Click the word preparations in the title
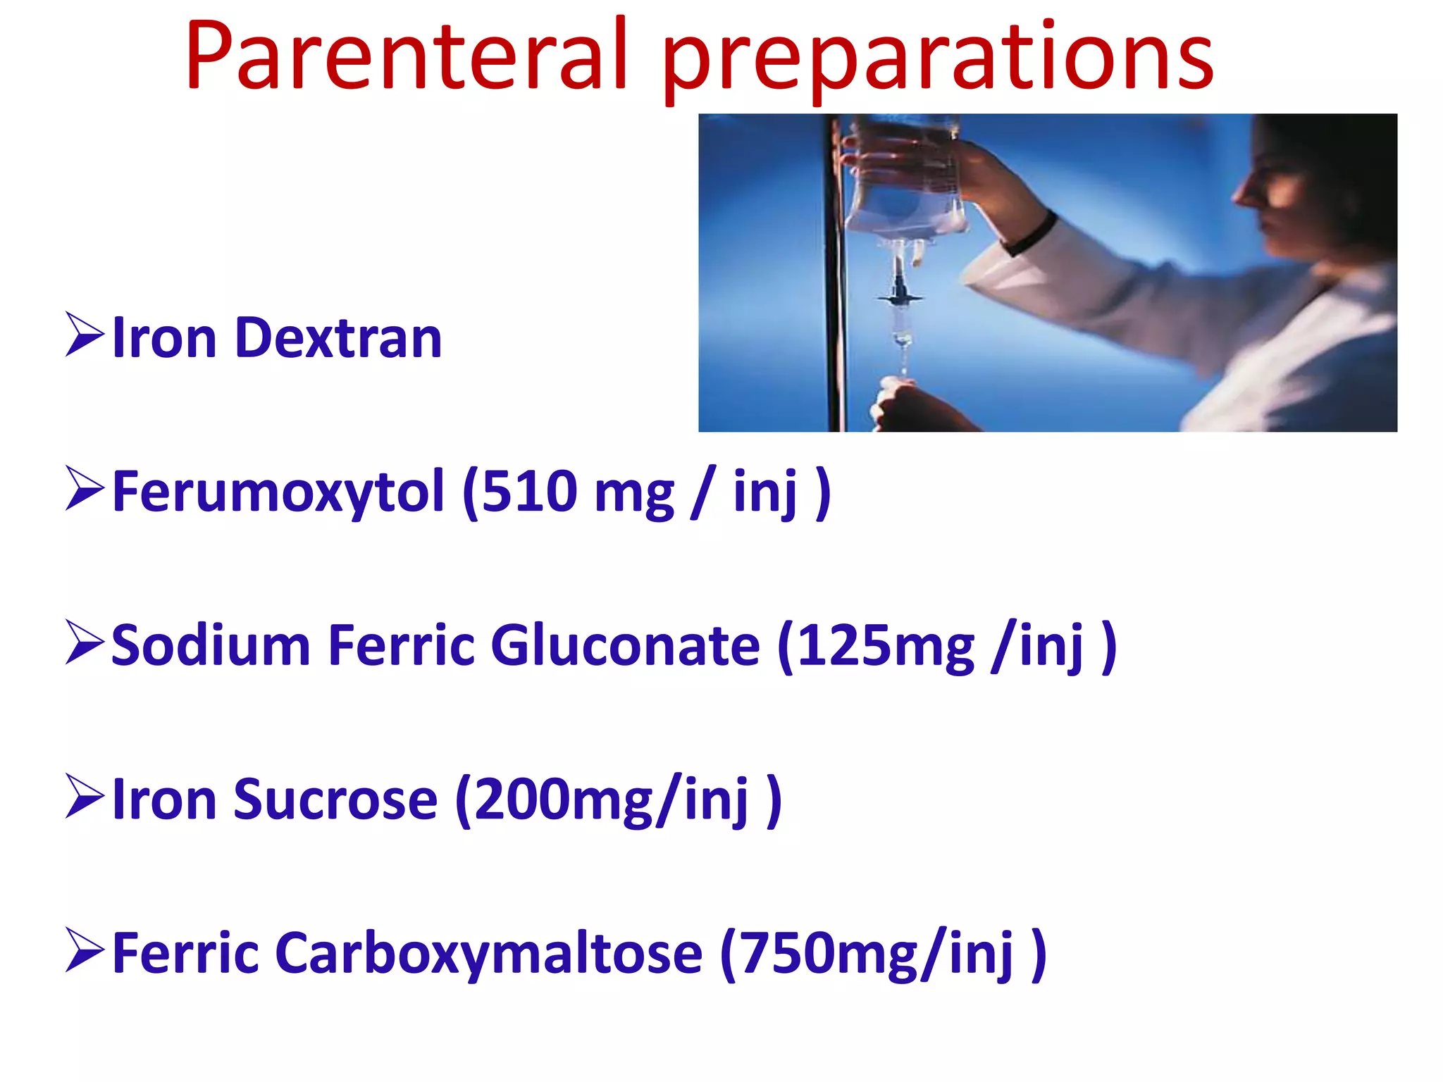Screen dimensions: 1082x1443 pos(937,60)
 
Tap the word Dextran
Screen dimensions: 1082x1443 pos(338,339)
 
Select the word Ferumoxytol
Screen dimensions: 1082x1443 pos(278,492)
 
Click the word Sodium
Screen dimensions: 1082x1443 pos(211,646)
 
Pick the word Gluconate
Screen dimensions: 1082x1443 pos(625,646)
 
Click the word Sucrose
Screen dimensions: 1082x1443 pos(335,800)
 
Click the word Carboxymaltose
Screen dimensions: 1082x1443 pos(488,954)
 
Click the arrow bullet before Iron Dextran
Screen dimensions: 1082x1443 pos(85,335)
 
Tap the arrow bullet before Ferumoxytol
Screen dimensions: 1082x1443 pos(85,488)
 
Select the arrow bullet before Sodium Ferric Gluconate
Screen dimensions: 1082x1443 pos(85,642)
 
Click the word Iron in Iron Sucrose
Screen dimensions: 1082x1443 pos(164,800)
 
